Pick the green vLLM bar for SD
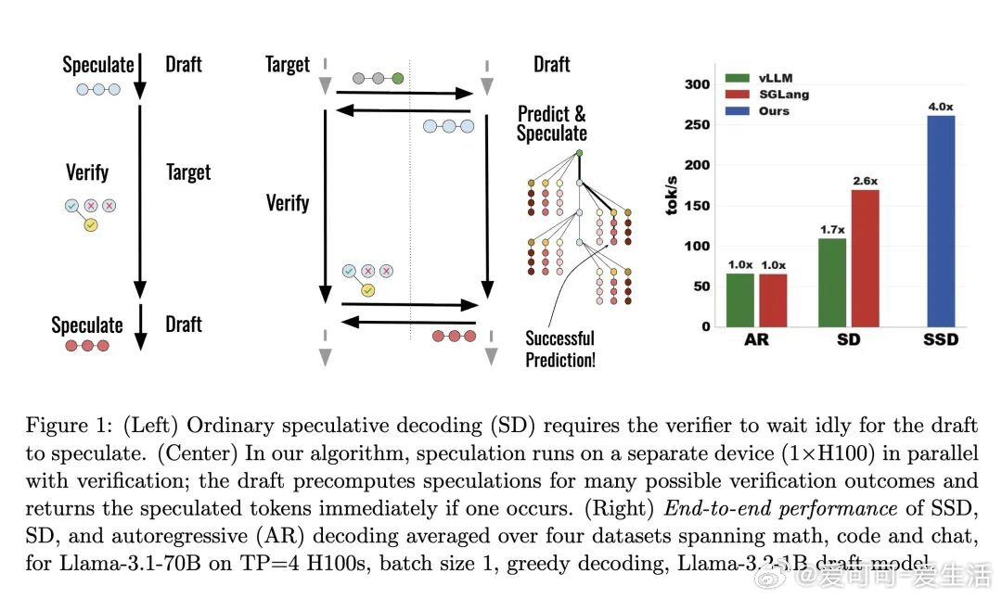point(833,282)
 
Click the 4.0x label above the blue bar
point(941,107)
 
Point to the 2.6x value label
point(866,181)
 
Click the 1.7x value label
point(833,229)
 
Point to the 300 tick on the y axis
point(698,84)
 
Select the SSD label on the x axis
point(941,339)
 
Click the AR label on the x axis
point(756,339)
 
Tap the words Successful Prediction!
point(559,349)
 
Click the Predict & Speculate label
point(551,123)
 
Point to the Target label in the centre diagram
point(287,65)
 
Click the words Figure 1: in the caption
point(64,426)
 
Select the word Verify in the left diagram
point(87,172)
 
